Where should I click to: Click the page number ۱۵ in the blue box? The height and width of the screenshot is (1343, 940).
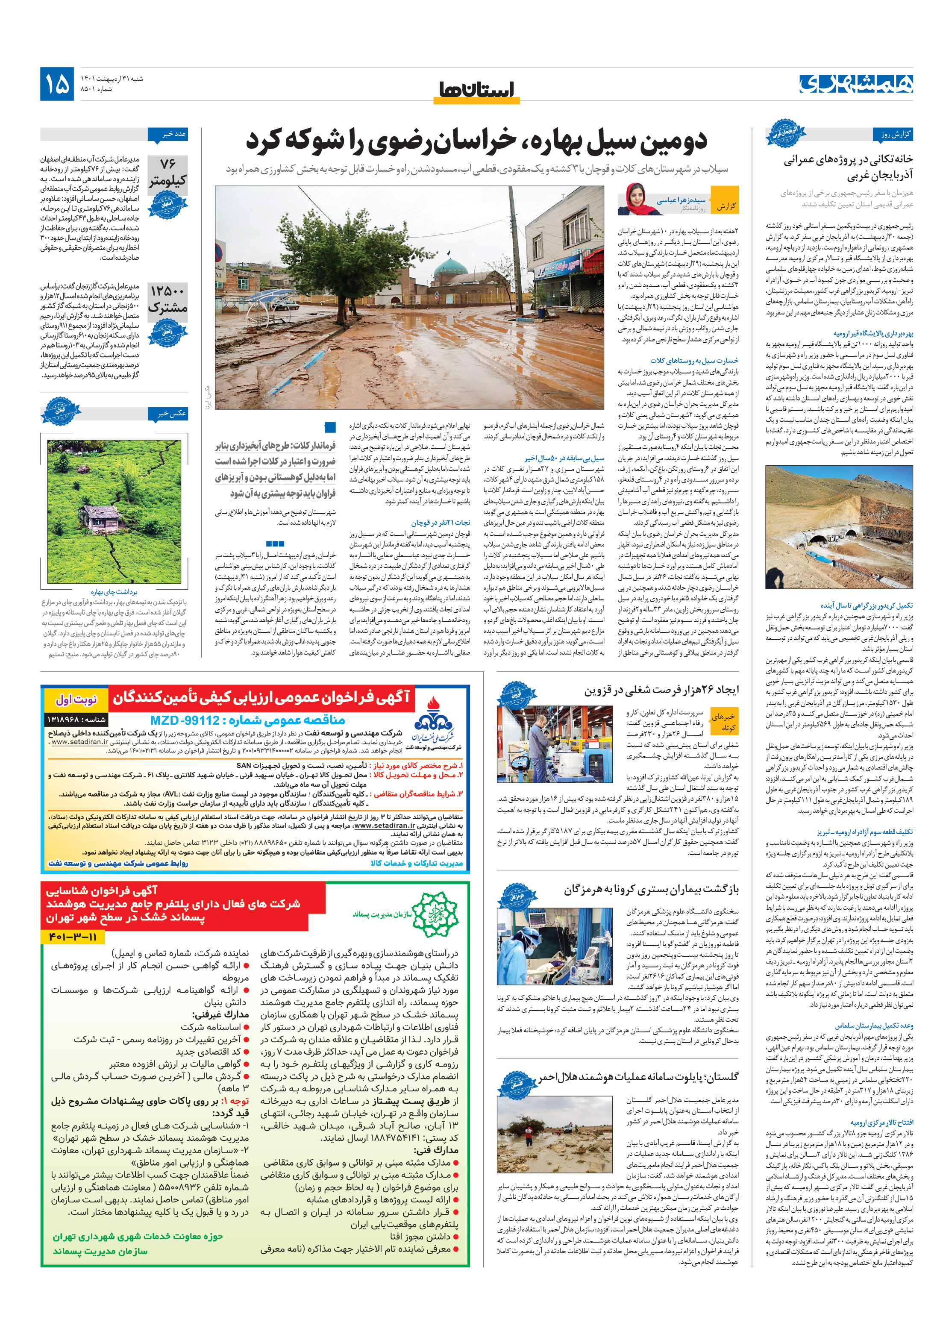[x=57, y=84]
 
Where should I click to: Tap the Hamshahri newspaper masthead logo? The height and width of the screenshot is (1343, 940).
[x=855, y=84]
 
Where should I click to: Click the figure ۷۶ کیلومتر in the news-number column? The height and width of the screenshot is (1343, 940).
[x=167, y=171]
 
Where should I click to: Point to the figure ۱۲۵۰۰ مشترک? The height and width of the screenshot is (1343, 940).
[x=167, y=298]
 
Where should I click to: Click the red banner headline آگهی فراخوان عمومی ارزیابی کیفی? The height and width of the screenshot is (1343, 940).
[x=261, y=697]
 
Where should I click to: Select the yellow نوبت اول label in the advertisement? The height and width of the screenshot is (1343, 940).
[x=76, y=698]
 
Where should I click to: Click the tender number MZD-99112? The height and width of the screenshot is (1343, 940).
[x=247, y=720]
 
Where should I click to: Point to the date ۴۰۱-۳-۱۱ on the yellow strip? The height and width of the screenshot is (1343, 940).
[x=73, y=937]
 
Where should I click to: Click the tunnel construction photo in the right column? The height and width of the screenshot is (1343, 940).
[x=838, y=526]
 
